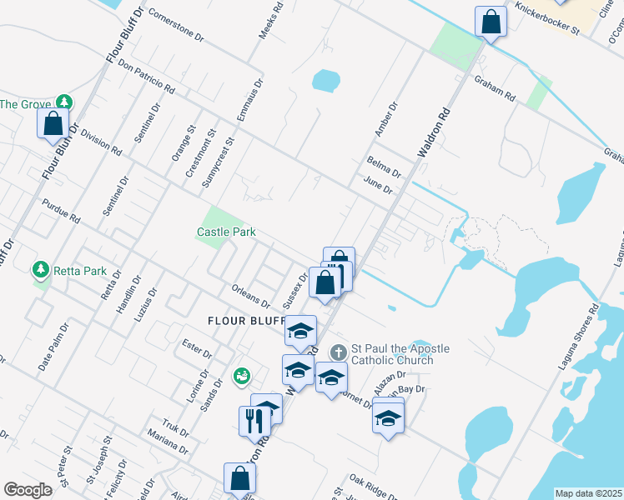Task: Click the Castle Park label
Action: [226, 232]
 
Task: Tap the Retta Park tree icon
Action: [39, 270]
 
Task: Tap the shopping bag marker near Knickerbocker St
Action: [491, 22]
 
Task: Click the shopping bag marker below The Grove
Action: [53, 125]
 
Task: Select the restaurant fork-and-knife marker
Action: [253, 422]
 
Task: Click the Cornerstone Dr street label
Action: [175, 25]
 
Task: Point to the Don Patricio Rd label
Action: [146, 76]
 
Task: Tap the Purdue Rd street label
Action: [61, 212]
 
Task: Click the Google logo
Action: [28, 490]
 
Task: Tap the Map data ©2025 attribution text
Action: [588, 493]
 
